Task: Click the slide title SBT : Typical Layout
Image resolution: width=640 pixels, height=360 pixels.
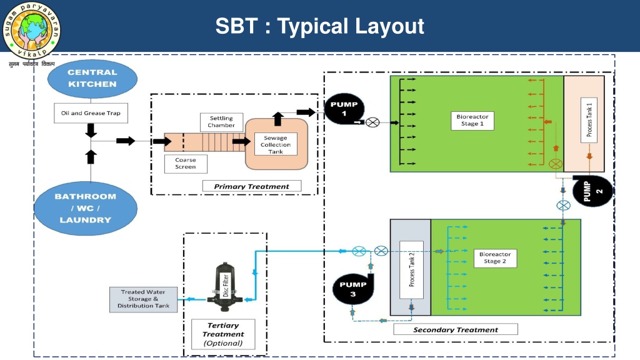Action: pyautogui.click(x=319, y=26)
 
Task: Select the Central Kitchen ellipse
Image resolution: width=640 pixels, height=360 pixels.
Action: pyautogui.click(x=92, y=79)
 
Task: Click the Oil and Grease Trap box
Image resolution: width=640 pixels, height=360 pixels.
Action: pyautogui.click(x=91, y=113)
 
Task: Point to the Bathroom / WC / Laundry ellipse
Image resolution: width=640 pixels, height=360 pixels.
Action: pyautogui.click(x=86, y=208)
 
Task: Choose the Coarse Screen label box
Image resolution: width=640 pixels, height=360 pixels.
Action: pyautogui.click(x=185, y=164)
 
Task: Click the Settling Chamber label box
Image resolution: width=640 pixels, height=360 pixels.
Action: pyautogui.click(x=221, y=121)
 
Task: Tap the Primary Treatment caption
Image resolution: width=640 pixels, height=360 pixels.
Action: pyautogui.click(x=251, y=186)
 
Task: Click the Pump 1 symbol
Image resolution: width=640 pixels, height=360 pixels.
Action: pyautogui.click(x=344, y=109)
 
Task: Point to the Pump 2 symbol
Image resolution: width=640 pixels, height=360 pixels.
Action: pyautogui.click(x=592, y=191)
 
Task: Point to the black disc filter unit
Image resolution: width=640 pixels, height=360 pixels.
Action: pyautogui.click(x=225, y=287)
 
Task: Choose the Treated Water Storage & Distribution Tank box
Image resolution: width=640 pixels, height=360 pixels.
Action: pyautogui.click(x=144, y=299)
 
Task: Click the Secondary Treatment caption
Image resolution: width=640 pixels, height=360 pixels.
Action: pyautogui.click(x=456, y=329)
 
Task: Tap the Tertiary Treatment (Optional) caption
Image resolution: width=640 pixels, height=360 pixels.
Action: pyautogui.click(x=223, y=334)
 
